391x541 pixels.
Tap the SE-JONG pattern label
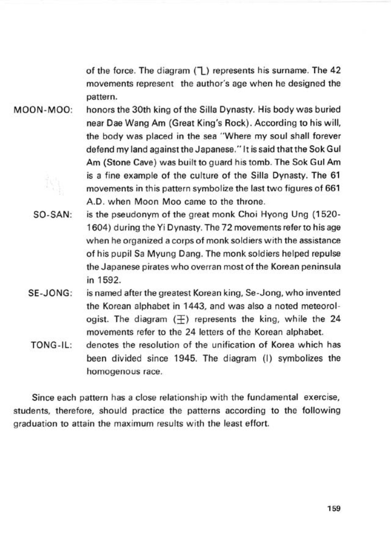tap(50, 293)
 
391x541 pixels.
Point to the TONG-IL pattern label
tap(51, 345)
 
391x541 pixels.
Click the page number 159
tap(334, 508)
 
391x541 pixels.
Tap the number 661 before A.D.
tap(333, 188)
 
